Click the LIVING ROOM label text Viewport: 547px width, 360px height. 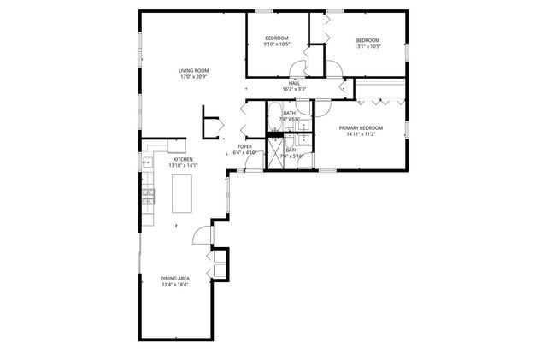[x=193, y=70]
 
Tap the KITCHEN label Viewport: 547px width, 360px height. [x=184, y=160]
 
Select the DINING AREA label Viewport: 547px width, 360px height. [x=174, y=279]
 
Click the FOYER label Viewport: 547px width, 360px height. [x=244, y=147]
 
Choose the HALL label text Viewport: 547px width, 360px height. [x=294, y=83]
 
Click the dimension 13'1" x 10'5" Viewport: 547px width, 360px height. [x=367, y=46]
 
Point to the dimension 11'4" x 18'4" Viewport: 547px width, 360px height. [x=174, y=285]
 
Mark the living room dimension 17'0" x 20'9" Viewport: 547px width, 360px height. [x=193, y=77]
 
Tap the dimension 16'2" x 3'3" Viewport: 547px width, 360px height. [x=294, y=89]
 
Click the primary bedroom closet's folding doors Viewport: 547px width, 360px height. [x=380, y=101]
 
